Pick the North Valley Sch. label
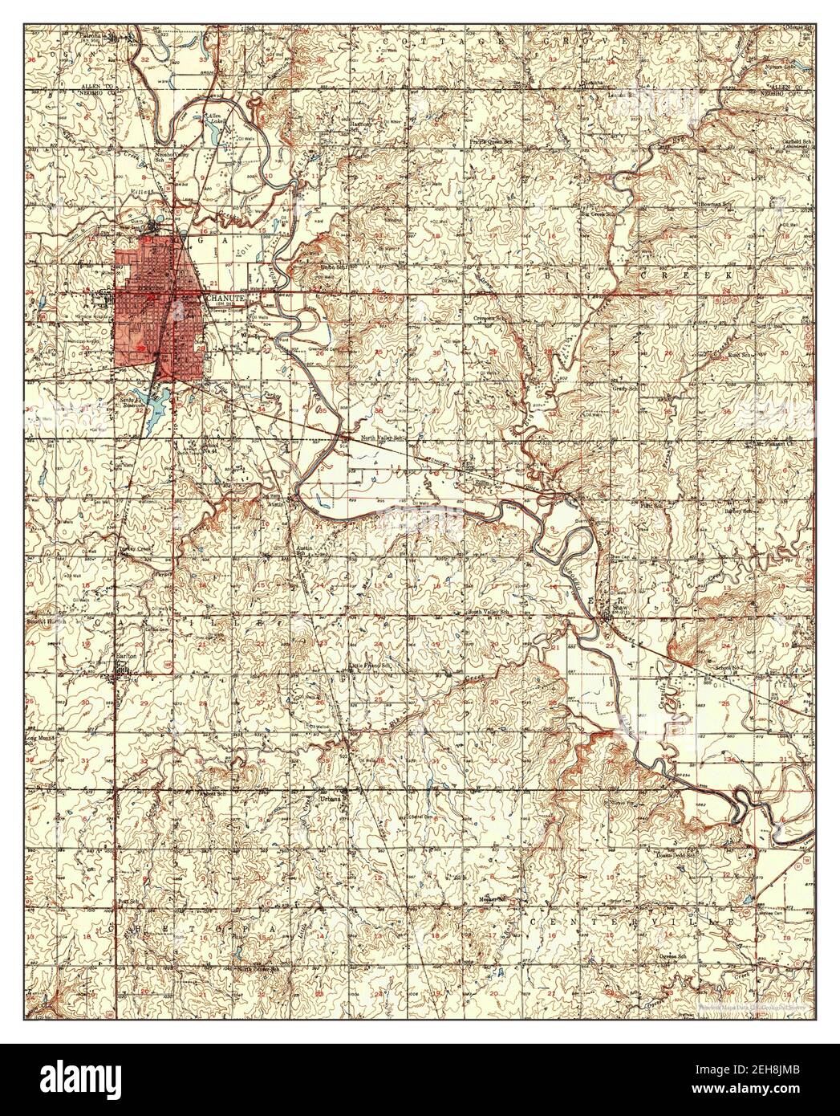click(x=379, y=438)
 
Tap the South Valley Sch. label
click(x=489, y=613)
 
